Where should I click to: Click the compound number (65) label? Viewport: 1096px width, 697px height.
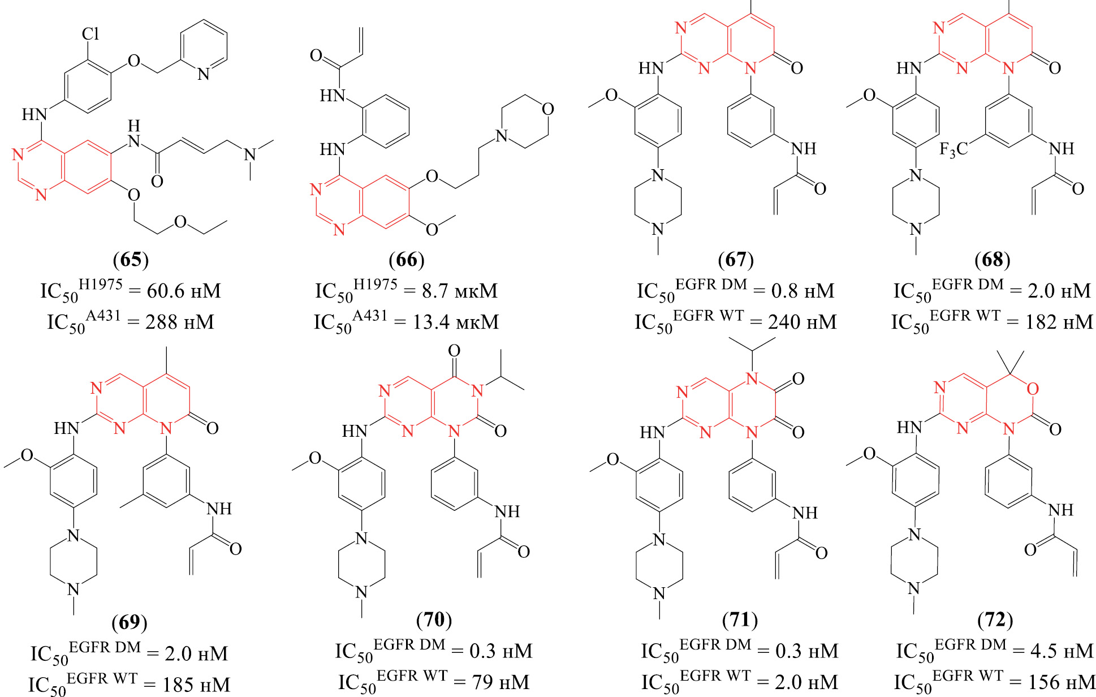pos(131,260)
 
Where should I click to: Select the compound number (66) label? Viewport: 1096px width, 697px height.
pos(406,260)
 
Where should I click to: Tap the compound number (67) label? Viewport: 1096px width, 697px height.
pos(735,260)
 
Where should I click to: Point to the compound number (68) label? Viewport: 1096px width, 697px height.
pos(992,260)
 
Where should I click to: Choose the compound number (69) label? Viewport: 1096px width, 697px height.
pos(130,622)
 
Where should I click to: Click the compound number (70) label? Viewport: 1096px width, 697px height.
pos(434,619)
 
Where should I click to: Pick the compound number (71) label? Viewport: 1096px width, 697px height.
pos(740,620)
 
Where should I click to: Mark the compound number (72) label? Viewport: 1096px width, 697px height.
pos(995,620)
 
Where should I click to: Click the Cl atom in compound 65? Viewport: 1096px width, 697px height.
pos(90,34)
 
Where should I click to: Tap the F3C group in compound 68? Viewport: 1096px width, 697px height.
pos(953,149)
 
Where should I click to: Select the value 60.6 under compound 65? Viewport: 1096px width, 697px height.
pos(165,291)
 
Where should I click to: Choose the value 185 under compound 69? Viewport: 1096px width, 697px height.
pos(178,685)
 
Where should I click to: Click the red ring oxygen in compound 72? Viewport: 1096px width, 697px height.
pos(1033,389)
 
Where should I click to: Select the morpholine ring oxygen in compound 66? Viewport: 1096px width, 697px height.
pos(547,109)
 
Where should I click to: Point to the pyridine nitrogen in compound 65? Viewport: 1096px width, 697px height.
pos(204,74)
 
